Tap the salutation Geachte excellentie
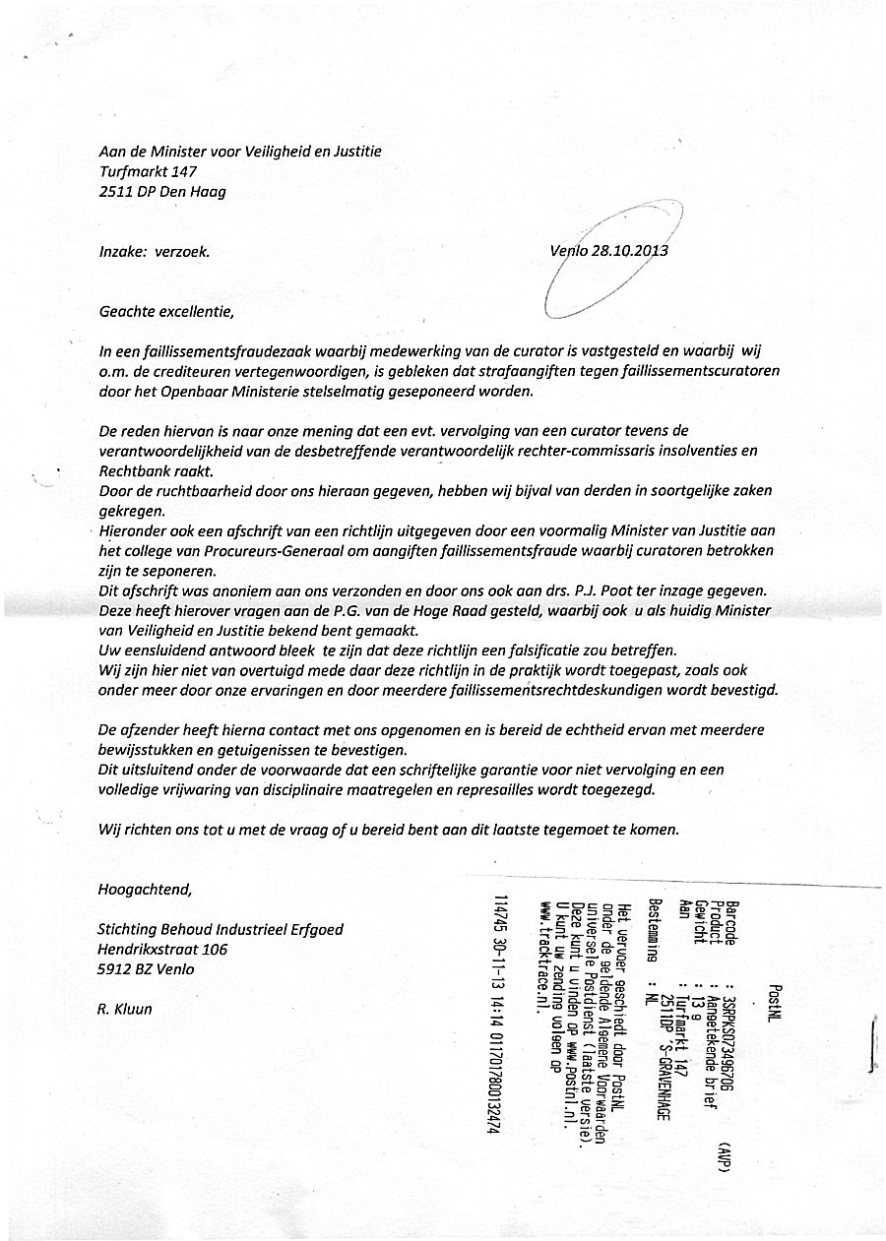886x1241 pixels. pos(166,312)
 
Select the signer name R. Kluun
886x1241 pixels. pos(125,1009)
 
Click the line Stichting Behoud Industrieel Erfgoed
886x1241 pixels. pos(221,930)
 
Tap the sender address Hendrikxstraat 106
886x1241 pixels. pos(162,950)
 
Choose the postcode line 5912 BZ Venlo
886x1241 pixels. pos(146,969)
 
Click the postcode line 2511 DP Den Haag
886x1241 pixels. pos(162,192)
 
